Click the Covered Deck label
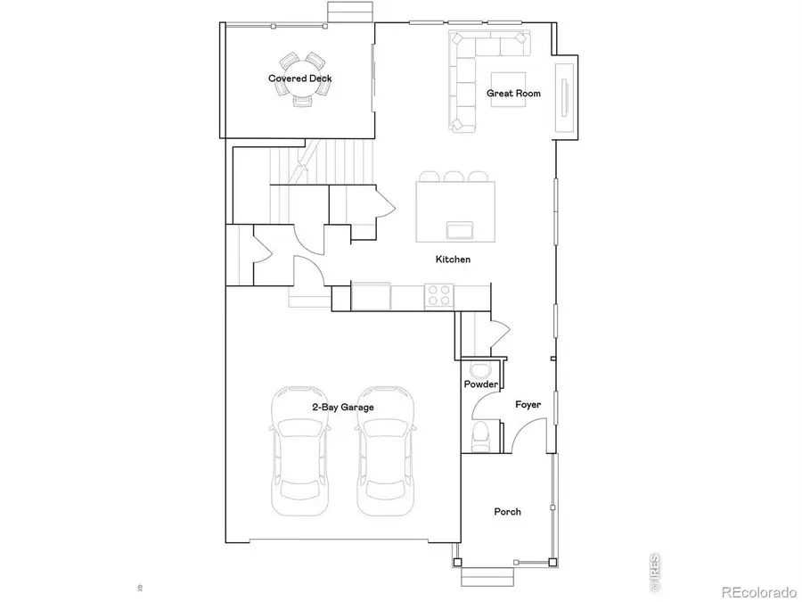(300, 78)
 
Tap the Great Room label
(514, 93)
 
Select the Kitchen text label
(453, 260)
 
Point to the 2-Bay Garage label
(342, 407)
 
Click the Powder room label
(481, 384)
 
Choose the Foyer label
(528, 405)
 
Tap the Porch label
(507, 512)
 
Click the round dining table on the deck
(300, 78)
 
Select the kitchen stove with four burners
(438, 295)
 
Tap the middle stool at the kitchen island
(453, 177)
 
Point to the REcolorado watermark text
(757, 590)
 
